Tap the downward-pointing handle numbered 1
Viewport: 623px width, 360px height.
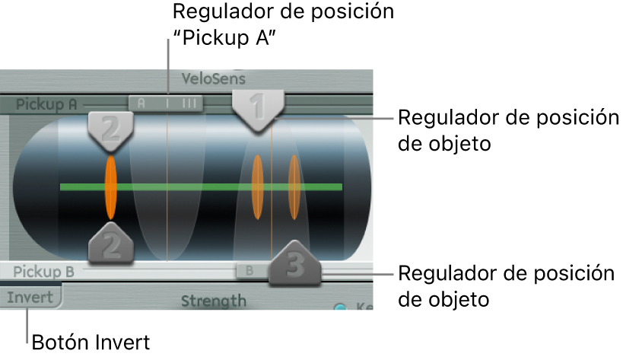[259, 108]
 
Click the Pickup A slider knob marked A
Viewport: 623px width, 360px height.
[166, 103]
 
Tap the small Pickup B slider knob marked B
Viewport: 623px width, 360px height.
[248, 269]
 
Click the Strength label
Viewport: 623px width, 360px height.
[214, 301]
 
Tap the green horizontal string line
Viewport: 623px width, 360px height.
[190, 186]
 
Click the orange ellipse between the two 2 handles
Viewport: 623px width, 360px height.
[111, 186]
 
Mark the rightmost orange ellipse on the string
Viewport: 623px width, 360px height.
[294, 186]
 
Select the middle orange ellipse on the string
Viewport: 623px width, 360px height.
[258, 186]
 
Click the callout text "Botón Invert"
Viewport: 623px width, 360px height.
[91, 343]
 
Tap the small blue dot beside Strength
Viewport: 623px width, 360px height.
[340, 308]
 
